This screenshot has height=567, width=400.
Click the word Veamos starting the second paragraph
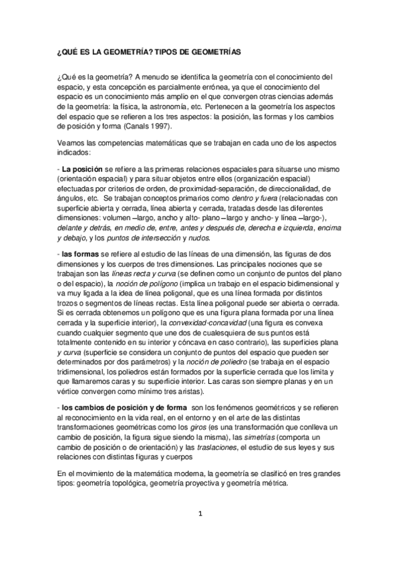(70, 143)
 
